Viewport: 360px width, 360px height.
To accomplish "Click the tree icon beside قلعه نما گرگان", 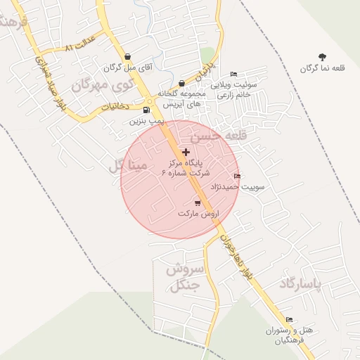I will click(x=322, y=57).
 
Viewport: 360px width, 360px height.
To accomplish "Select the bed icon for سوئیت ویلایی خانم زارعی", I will click(x=234, y=74).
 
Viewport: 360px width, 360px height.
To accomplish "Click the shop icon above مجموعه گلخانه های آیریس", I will click(x=181, y=83).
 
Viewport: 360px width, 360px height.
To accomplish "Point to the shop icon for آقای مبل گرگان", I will click(x=127, y=57).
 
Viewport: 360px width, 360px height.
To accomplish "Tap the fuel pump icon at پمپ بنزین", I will click(x=146, y=110).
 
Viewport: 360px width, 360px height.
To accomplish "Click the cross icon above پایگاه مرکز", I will click(x=186, y=151).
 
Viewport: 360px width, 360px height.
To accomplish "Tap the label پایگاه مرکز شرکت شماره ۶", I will click(x=185, y=167).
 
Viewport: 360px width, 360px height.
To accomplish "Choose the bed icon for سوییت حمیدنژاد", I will click(x=237, y=176).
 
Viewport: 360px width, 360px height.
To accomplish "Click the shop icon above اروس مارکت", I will click(x=198, y=202).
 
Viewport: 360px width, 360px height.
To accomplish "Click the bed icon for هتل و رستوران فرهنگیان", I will click(x=289, y=319).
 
